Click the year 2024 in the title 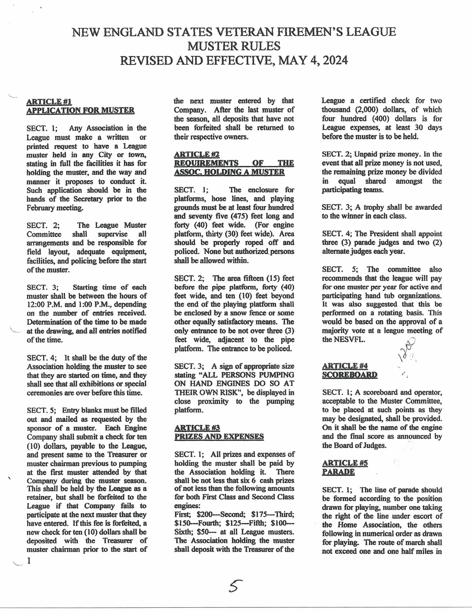tap(335, 61)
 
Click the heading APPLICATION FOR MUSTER tap(80, 110)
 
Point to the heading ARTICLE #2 tap(197, 154)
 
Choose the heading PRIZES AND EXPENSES tap(219, 437)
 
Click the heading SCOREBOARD tap(350, 375)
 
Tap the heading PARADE tap(338, 472)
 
